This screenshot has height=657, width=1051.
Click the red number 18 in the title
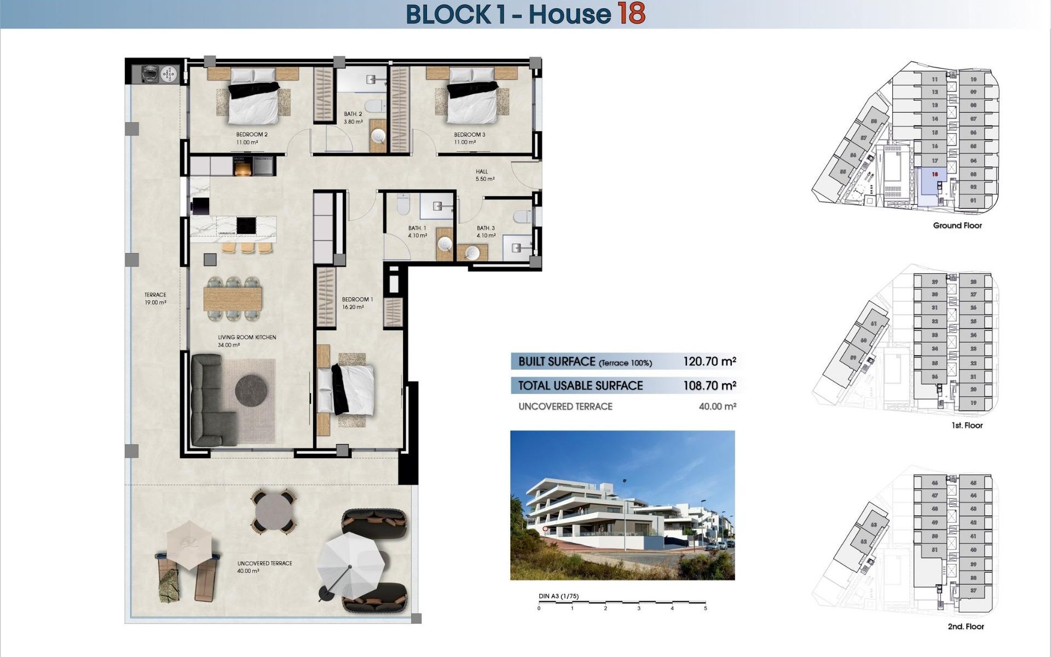coord(632,14)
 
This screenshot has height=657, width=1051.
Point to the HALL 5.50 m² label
coord(484,175)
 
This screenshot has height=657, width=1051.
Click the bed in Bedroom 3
coord(472,101)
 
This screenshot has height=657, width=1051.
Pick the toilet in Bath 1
coord(403,205)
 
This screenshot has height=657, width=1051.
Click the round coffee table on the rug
coord(251,390)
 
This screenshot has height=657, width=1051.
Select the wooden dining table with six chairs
coord(233,298)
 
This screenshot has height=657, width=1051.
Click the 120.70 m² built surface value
coord(709,361)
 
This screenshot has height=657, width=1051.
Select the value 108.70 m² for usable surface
coord(709,385)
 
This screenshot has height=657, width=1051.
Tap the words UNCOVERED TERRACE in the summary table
coord(565,406)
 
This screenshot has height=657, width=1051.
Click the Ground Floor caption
coord(957,225)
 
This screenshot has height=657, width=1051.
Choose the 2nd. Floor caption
coord(966,626)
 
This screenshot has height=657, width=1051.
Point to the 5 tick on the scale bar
coord(705,607)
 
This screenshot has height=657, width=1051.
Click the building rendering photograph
coord(622,505)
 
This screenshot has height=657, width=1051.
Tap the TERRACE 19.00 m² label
coord(155,298)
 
